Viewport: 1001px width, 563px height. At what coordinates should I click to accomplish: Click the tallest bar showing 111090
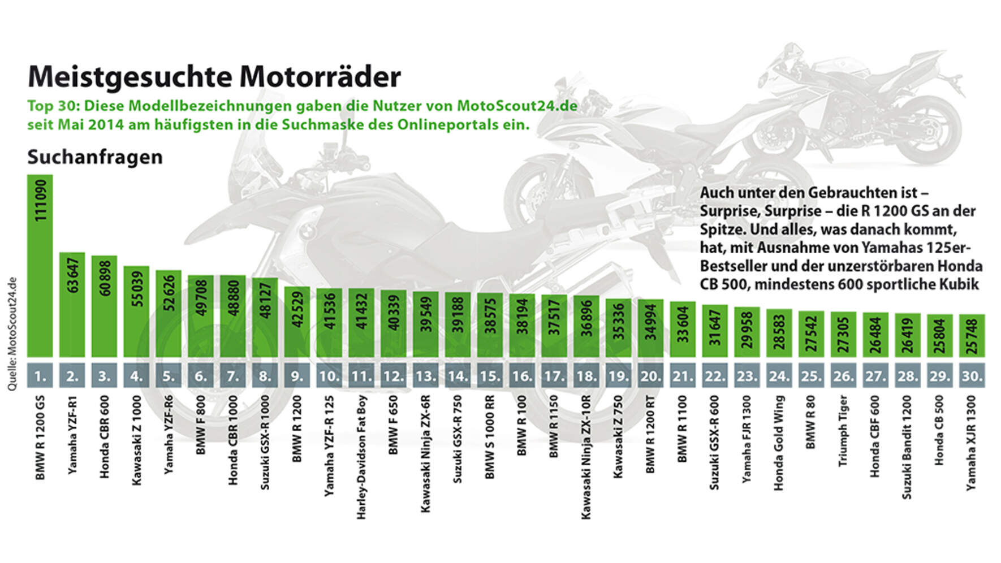[40, 266]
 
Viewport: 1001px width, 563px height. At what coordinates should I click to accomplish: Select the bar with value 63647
[72, 305]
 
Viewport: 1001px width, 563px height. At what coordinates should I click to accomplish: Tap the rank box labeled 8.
[265, 376]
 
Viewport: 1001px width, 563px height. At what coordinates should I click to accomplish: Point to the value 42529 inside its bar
[297, 323]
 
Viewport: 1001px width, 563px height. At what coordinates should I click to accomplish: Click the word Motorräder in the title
[320, 77]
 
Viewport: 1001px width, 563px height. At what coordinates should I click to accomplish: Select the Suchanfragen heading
[95, 157]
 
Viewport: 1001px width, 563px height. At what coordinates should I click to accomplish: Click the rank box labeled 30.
[972, 376]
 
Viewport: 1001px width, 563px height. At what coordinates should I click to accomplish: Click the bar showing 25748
[972, 336]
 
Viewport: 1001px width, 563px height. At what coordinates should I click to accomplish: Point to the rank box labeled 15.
[490, 376]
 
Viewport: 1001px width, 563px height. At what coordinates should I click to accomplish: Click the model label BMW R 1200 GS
[40, 438]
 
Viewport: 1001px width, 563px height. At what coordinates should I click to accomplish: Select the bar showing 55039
[136, 312]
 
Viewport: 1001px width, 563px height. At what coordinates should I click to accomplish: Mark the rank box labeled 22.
[715, 376]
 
